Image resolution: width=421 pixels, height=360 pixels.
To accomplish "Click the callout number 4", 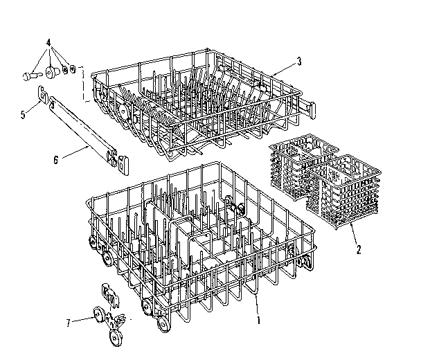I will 48,41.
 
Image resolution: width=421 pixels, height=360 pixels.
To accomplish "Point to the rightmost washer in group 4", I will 73,70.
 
